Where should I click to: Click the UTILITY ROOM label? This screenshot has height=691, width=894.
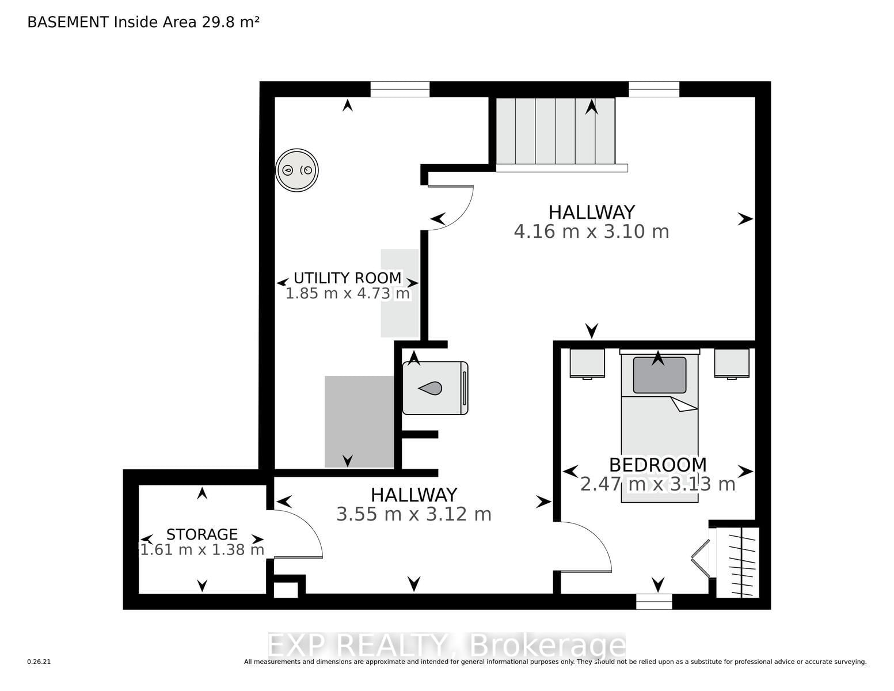pos(347,278)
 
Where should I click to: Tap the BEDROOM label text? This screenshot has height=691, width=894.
pos(657,465)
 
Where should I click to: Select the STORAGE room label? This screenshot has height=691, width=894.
pos(202,534)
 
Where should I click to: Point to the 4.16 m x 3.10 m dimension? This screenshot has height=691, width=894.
pos(591,231)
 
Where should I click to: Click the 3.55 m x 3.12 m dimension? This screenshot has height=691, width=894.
pos(414,514)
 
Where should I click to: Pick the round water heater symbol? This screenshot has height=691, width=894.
pos(296,170)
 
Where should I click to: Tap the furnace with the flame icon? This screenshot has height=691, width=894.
pos(435,388)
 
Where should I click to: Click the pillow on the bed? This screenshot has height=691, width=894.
pos(660,375)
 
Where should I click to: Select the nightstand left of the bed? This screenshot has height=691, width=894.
pos(587,363)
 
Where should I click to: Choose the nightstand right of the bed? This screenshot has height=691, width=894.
pos(732,363)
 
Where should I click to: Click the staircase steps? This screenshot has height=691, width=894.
pos(556,131)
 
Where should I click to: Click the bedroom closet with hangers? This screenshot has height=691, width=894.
pos(737,562)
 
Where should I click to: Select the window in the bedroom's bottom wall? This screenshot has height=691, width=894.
pos(654,601)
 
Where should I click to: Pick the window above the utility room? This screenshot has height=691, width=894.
pos(400,89)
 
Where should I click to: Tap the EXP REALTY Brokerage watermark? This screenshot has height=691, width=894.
pos(447,645)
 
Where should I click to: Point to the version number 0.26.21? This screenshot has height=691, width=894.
pos(39,662)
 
